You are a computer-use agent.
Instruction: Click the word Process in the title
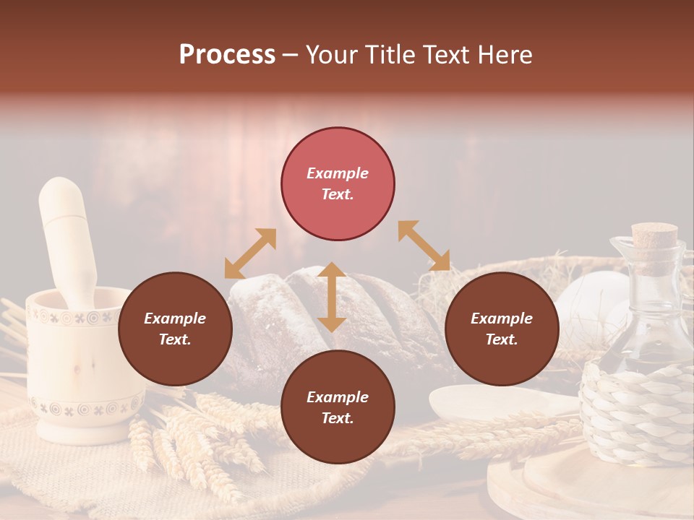(227, 55)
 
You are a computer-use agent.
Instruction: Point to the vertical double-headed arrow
(332, 297)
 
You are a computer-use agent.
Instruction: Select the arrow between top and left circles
(250, 253)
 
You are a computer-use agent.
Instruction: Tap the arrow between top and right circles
(424, 246)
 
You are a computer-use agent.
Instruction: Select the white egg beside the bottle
(589, 303)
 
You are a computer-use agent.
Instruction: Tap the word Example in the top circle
(338, 173)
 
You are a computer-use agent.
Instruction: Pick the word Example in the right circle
(502, 318)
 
